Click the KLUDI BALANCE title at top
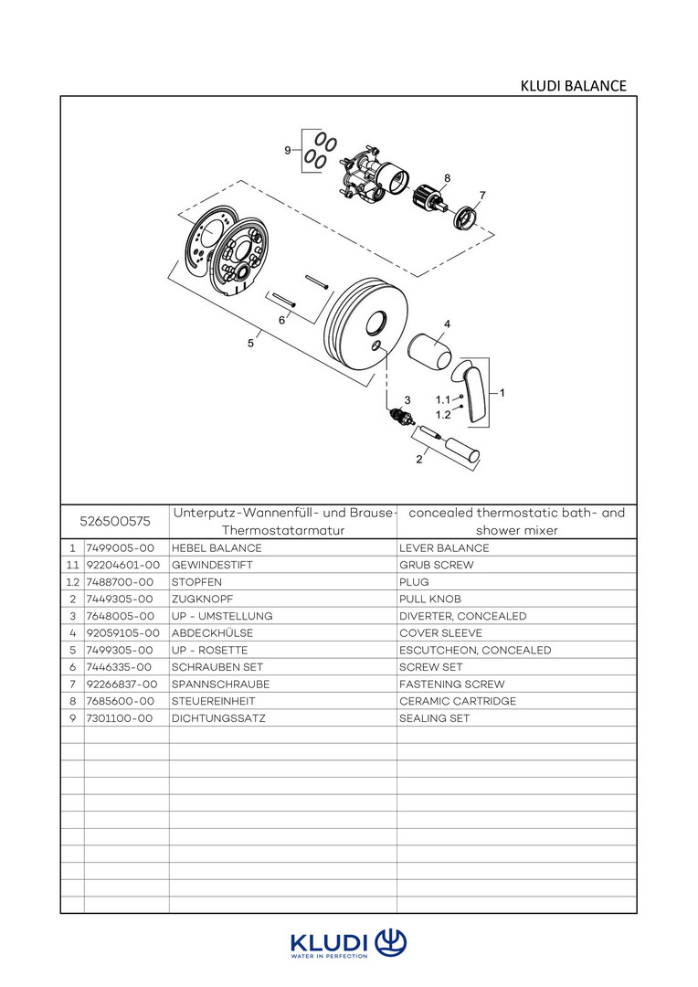pyautogui.click(x=573, y=86)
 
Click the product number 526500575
pyautogui.click(x=115, y=522)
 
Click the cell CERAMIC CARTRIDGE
pyautogui.click(x=457, y=701)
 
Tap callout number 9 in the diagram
pyautogui.click(x=288, y=150)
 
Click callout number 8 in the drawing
pyautogui.click(x=447, y=177)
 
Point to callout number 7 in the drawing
pyautogui.click(x=481, y=195)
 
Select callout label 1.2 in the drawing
pyautogui.click(x=443, y=414)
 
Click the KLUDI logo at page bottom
pyautogui.click(x=348, y=944)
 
